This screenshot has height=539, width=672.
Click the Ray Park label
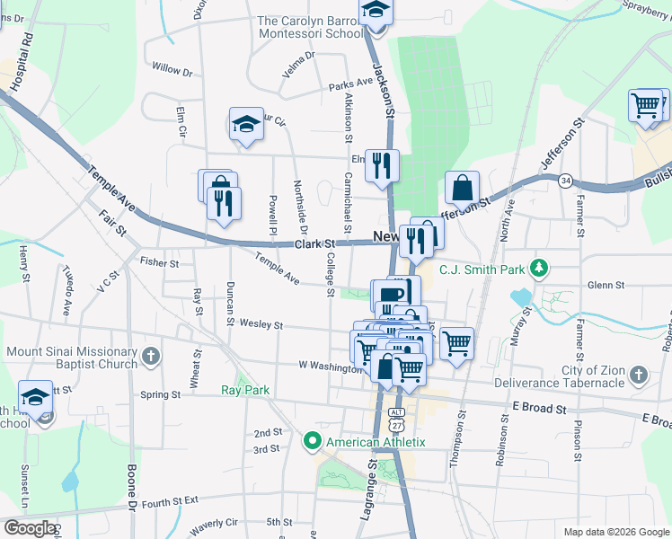click(245, 390)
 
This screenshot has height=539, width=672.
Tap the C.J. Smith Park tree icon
click(539, 268)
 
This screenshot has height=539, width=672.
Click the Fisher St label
click(160, 262)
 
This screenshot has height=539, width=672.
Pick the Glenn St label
click(605, 285)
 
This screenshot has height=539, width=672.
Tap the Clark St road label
click(315, 243)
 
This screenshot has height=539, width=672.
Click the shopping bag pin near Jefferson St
click(462, 188)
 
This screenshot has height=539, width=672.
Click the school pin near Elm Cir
click(245, 125)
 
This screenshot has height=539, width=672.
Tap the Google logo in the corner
click(29, 528)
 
